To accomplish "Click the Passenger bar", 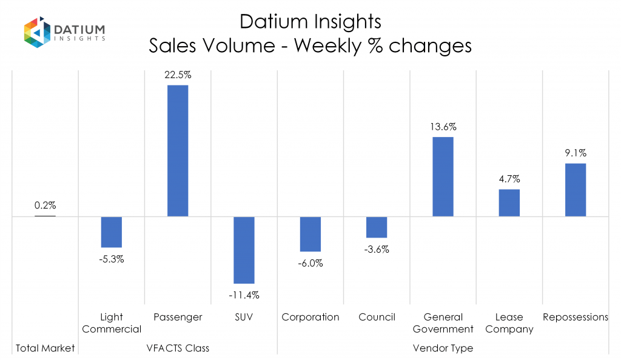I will [x=178, y=150].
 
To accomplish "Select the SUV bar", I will [x=244, y=250].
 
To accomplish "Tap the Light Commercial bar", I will [x=112, y=232].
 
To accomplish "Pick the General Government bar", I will [x=443, y=176].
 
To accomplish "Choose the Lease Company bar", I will [x=509, y=202].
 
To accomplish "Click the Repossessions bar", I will [x=576, y=190].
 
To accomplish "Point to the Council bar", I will [x=377, y=227].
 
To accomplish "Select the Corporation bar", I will [x=310, y=234].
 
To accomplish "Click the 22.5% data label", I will [x=178, y=75].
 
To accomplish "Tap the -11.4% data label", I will [x=244, y=295].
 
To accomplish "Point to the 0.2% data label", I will [x=45, y=206].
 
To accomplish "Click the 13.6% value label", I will [x=443, y=127].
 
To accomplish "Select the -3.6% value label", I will [x=377, y=249].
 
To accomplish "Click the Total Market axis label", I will [x=45, y=348].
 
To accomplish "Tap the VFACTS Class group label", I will [x=178, y=348].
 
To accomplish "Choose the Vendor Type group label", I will [x=443, y=348].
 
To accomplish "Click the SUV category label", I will [x=244, y=317].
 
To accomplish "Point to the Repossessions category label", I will [x=576, y=317].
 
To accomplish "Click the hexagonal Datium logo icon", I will [x=36, y=33].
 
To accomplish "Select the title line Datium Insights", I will [x=310, y=22].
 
